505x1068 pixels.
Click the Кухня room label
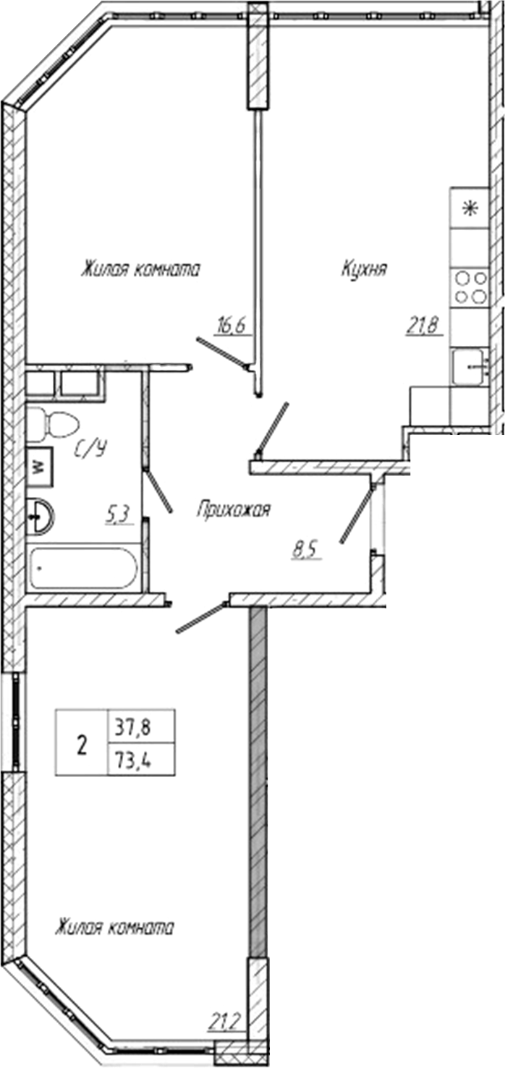pos(365,270)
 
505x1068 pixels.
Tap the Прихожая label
pos(233,511)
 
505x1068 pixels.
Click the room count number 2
pos(82,743)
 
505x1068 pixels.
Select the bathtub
pos(83,568)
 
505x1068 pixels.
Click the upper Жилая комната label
pos(140,270)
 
